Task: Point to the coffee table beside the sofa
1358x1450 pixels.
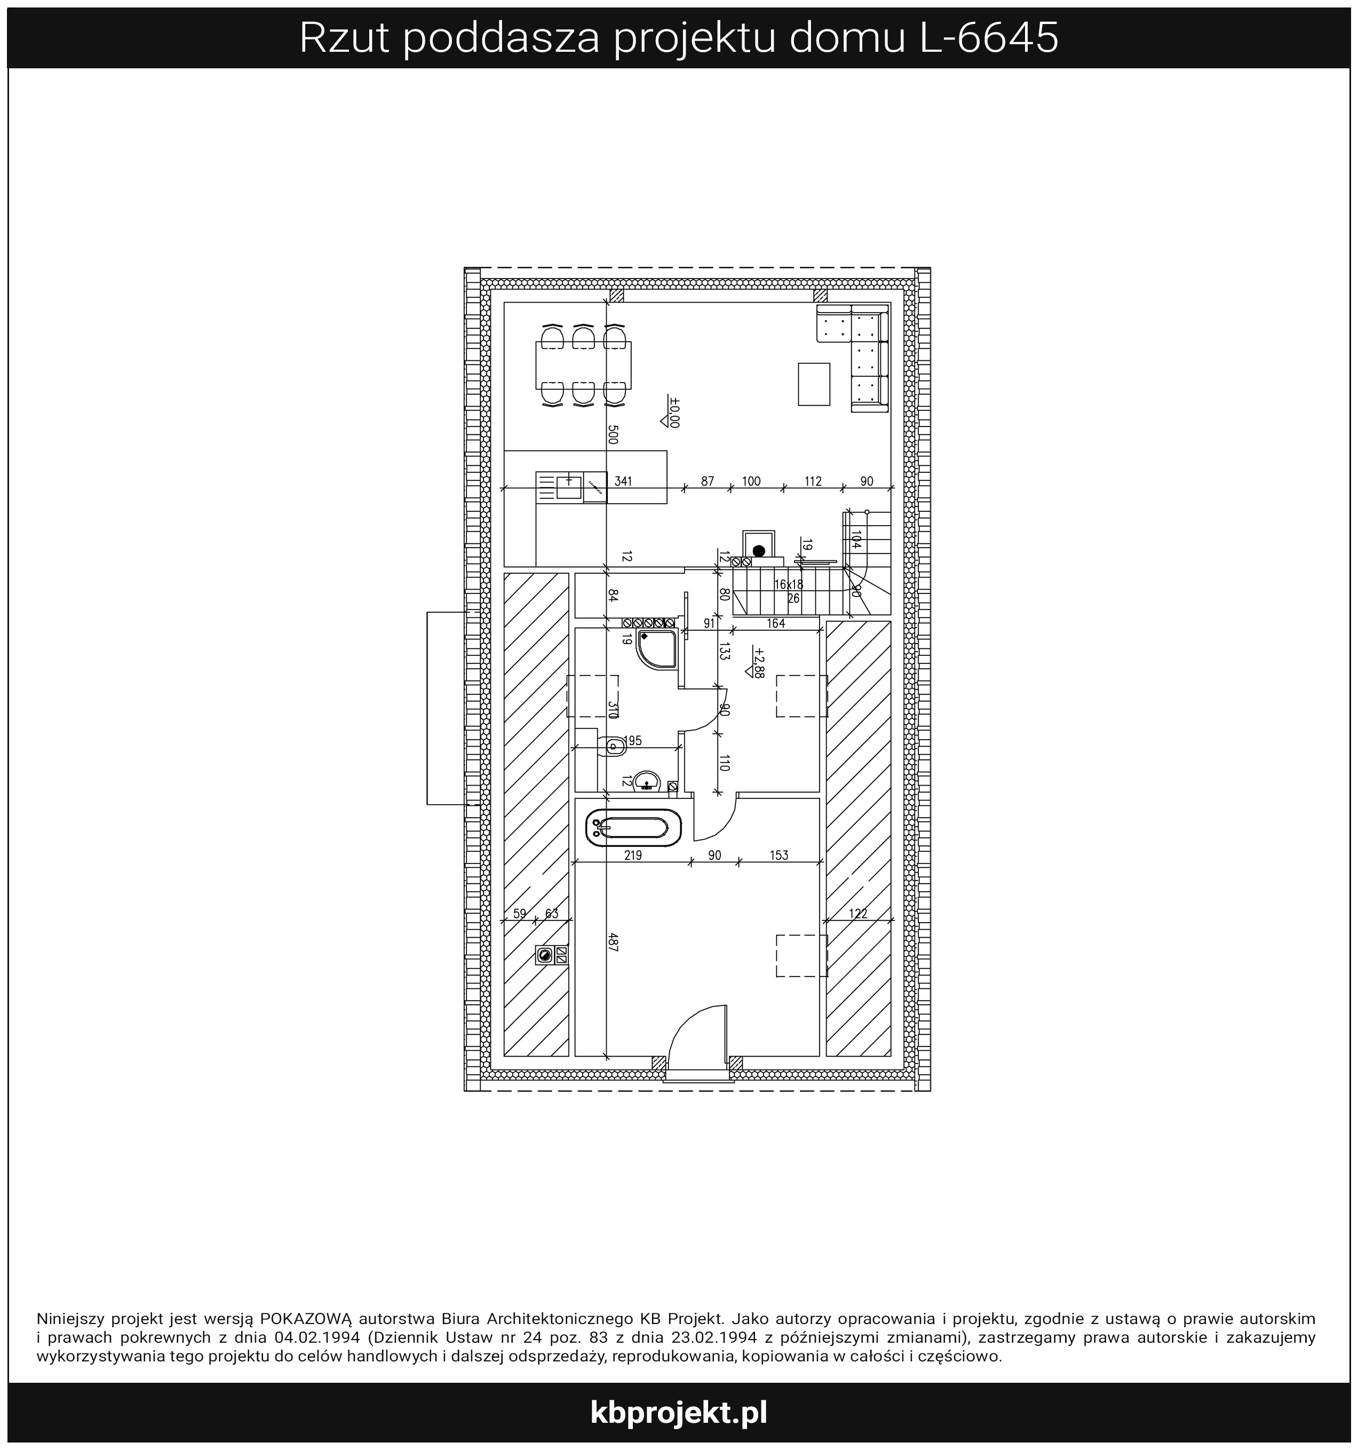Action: [x=814, y=384]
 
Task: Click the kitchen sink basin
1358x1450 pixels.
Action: [x=568, y=487]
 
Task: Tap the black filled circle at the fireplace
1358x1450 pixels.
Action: [x=758, y=551]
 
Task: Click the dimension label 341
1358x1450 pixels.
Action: [x=624, y=481]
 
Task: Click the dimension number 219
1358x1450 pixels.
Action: [x=633, y=855]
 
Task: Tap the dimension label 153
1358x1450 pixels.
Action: [x=779, y=855]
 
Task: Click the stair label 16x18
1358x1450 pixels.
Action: [x=789, y=584]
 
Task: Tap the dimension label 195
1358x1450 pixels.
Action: [x=632, y=741]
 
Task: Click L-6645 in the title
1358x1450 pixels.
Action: [x=989, y=38]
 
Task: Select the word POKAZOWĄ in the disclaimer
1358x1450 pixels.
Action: [x=306, y=1319]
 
